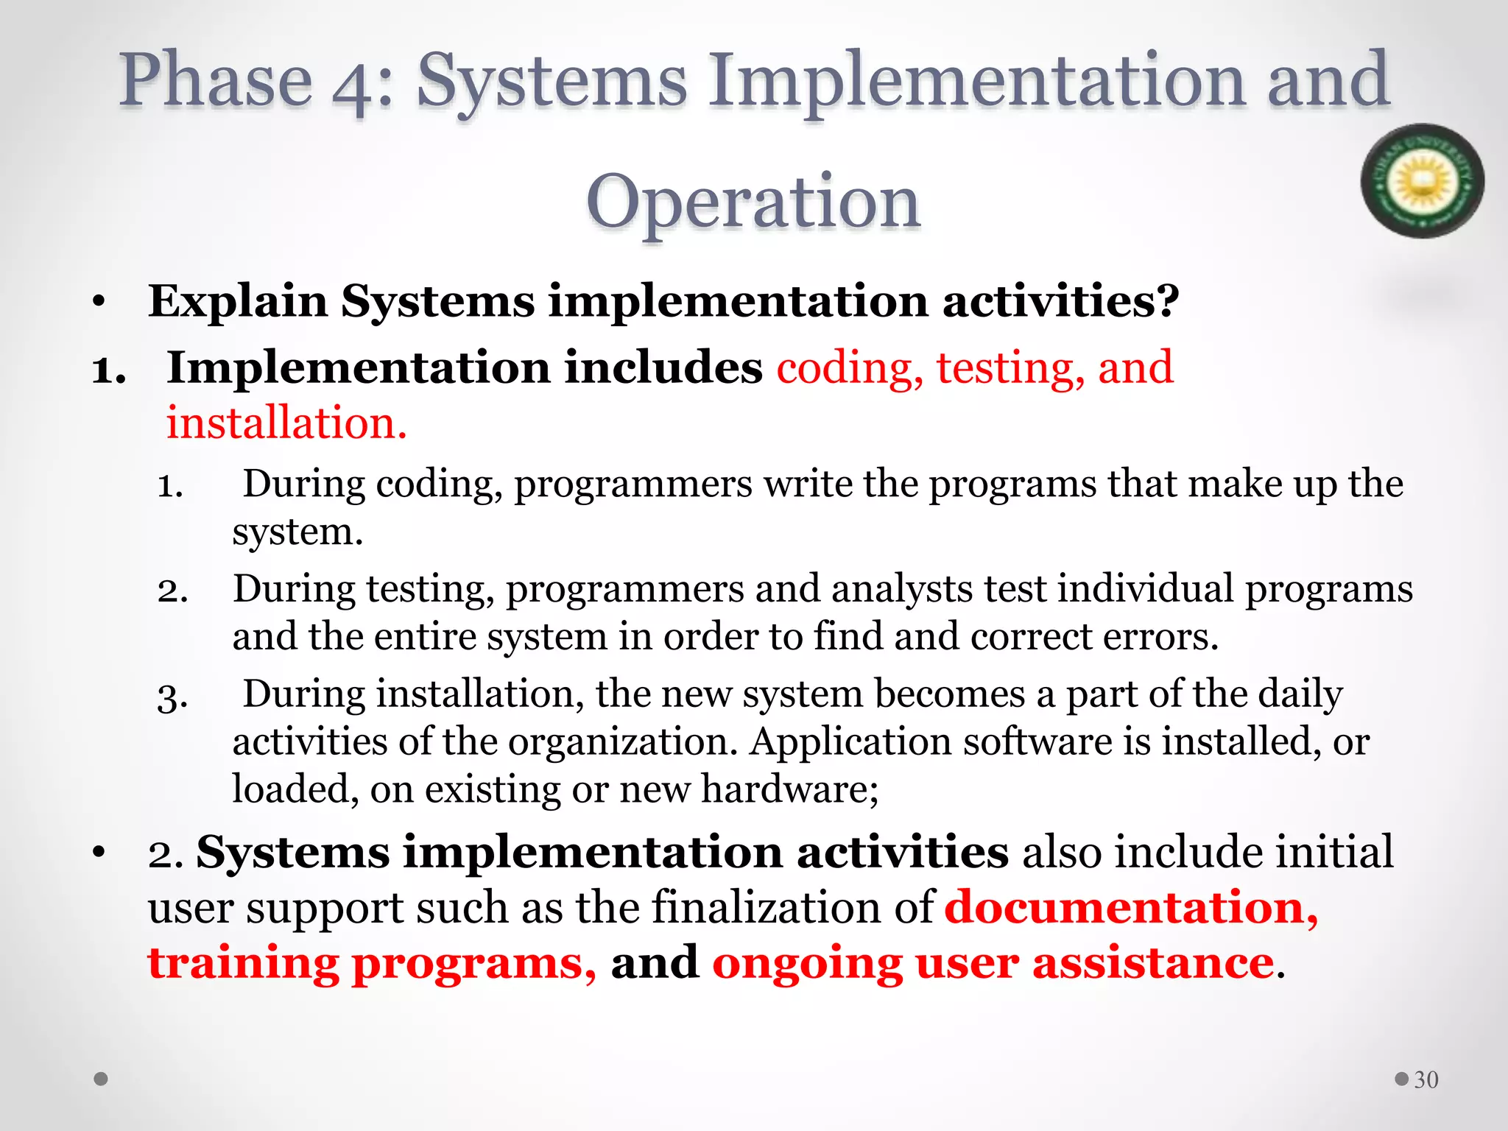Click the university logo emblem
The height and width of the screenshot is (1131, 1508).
[1422, 180]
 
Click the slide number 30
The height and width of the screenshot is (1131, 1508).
[1426, 1079]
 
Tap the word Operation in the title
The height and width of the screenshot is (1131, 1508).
[753, 201]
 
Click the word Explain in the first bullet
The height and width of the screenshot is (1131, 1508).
[238, 301]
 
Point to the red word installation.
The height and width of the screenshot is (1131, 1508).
[286, 423]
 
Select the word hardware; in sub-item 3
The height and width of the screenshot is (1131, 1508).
[789, 789]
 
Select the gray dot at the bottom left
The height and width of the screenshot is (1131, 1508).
[102, 1079]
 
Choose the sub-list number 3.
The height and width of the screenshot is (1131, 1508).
[172, 697]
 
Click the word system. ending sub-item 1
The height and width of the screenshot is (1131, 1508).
[297, 532]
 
